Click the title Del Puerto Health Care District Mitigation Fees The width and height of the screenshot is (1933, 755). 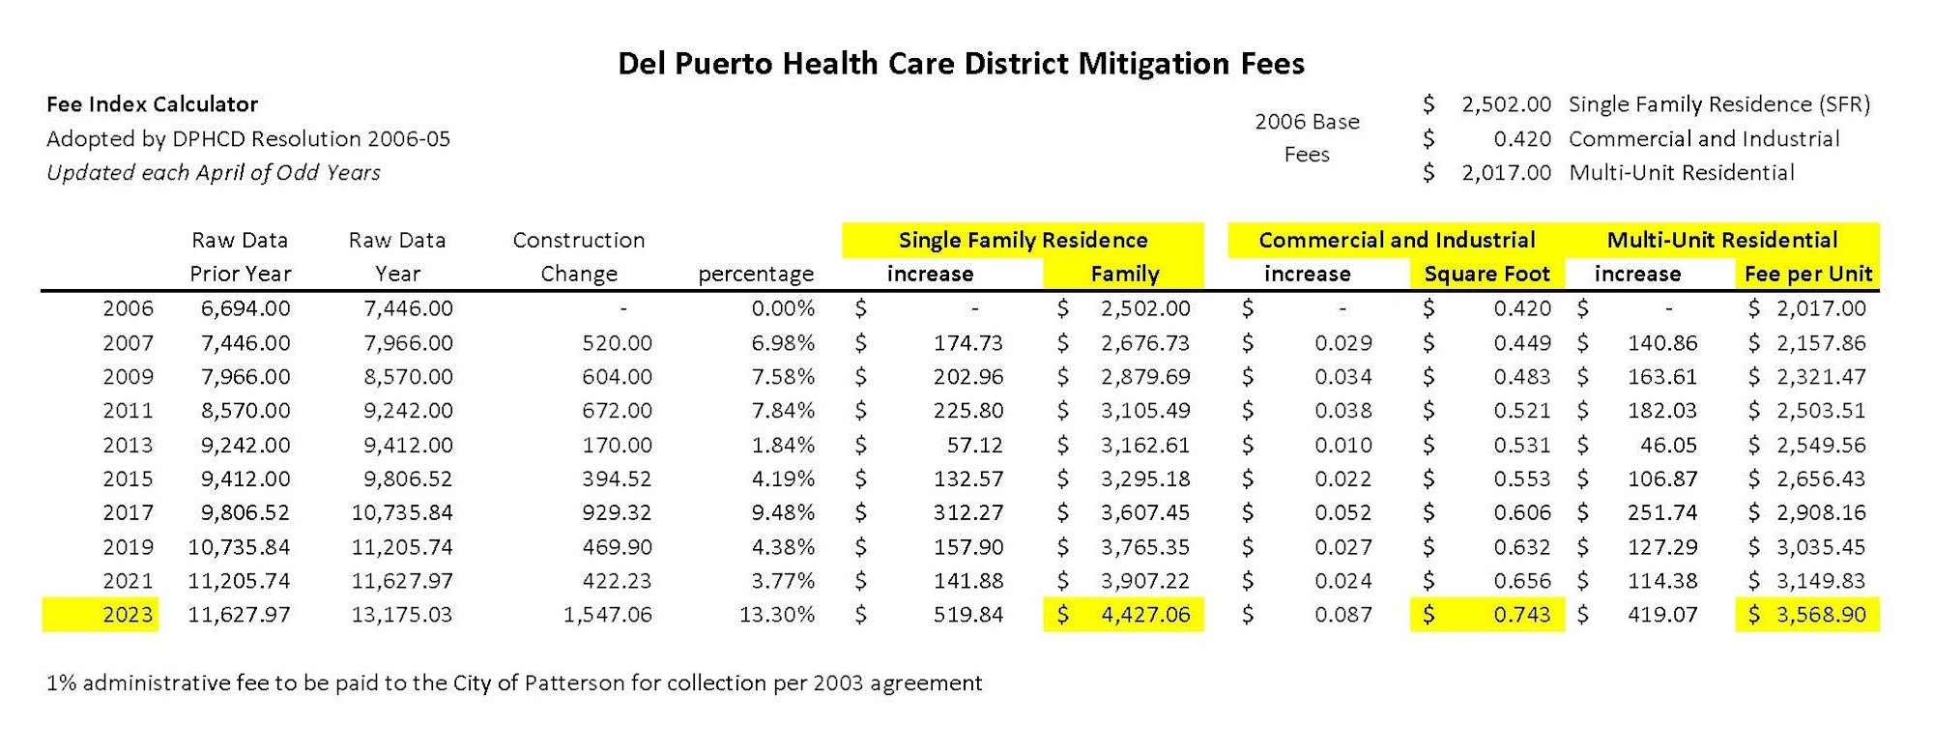click(x=961, y=64)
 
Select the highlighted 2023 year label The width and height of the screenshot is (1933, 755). click(x=128, y=615)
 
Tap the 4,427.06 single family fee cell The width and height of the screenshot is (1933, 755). click(x=1145, y=615)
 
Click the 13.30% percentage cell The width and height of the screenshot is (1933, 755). click(x=776, y=615)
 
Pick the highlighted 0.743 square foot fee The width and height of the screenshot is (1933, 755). click(x=1521, y=615)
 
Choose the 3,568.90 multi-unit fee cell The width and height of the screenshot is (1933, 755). click(x=1821, y=615)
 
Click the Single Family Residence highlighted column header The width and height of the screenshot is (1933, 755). click(x=1023, y=240)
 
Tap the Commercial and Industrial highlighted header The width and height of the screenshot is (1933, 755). click(x=1397, y=240)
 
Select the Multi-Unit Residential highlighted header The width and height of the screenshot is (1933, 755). click(x=1722, y=240)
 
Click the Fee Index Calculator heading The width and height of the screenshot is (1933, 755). click(x=152, y=104)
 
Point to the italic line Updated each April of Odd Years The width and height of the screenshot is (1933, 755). click(x=213, y=173)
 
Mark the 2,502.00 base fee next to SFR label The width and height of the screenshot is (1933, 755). click(x=1506, y=104)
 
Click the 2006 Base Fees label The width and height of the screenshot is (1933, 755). click(x=1307, y=138)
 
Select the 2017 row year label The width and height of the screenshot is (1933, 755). click(x=128, y=512)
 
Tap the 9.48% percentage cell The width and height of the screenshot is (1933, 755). click(x=783, y=512)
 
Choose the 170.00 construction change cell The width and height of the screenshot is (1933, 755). click(x=617, y=445)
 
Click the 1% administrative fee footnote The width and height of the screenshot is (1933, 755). click(x=514, y=683)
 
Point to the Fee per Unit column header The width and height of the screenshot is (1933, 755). click(x=1807, y=275)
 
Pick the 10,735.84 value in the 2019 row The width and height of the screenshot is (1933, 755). click(x=239, y=547)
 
